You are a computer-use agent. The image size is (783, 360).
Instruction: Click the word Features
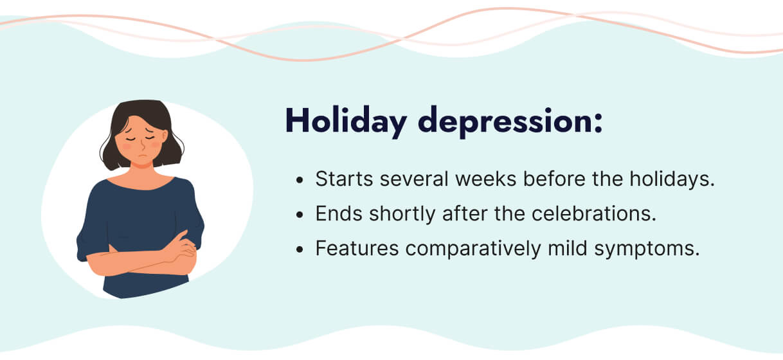356,249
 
